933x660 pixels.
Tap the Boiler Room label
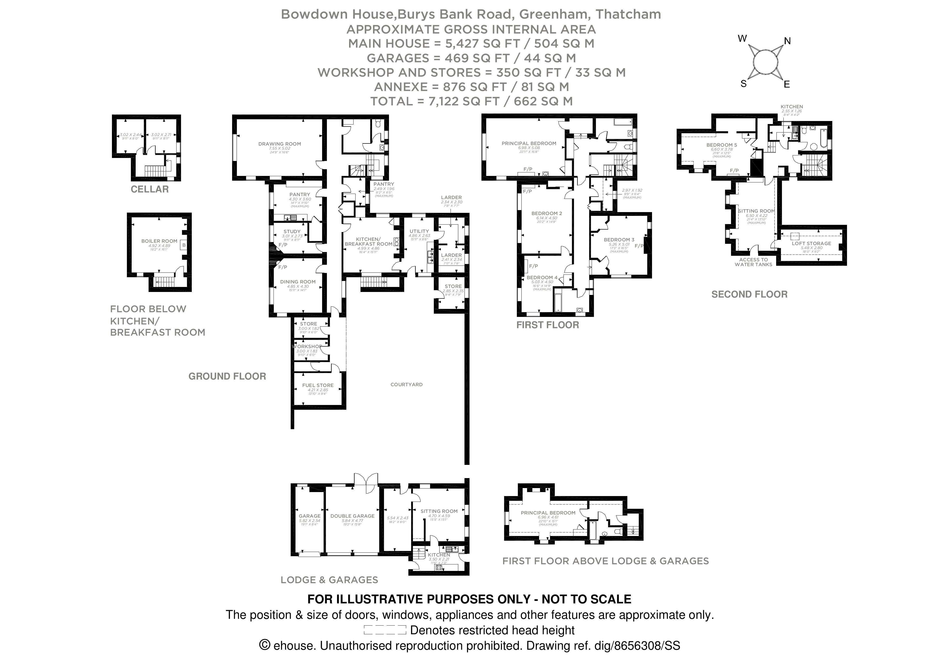159,241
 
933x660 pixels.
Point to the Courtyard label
406,384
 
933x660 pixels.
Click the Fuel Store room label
318,385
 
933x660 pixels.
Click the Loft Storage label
811,244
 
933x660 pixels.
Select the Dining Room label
298,282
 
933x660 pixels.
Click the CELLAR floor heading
150,189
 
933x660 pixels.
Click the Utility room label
419,231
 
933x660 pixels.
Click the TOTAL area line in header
471,101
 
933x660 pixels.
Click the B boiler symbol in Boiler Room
184,245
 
